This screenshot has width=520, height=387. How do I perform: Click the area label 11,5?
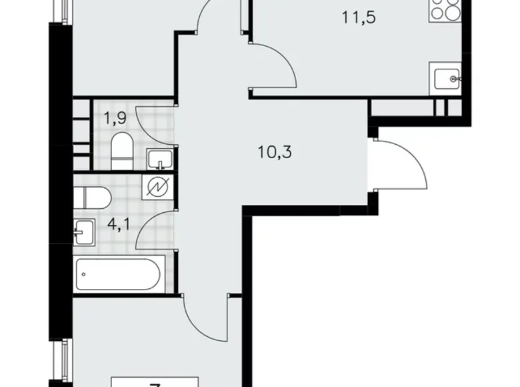(358, 18)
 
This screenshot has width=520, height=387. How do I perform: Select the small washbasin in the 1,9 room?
(159, 159)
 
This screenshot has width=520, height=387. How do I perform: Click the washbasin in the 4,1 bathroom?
(83, 231)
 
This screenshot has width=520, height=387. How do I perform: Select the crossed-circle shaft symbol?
(159, 187)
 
